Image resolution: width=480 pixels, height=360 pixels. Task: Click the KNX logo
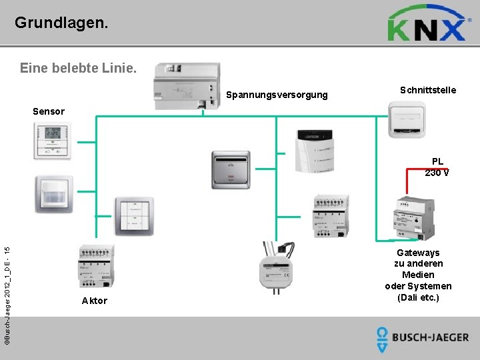coord(426,24)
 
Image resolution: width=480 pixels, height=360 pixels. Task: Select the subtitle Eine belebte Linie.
coord(79,68)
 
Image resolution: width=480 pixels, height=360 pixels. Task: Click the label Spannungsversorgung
coord(277,95)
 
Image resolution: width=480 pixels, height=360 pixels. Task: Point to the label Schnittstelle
coord(428,90)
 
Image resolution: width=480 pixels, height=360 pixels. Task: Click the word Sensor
coord(49,111)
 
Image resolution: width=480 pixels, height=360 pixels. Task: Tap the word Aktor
coord(94,301)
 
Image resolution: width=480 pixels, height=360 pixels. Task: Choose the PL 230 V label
coord(437,167)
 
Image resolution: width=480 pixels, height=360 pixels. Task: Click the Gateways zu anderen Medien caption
coord(418,275)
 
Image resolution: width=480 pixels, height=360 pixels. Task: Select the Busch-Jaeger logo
coord(422,338)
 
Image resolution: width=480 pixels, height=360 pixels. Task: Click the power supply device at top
coord(188,86)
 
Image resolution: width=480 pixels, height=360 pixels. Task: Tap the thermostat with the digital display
coord(51,141)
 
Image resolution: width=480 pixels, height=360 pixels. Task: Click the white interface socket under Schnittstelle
coord(411,122)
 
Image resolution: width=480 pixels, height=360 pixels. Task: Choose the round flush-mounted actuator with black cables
coord(276,265)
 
